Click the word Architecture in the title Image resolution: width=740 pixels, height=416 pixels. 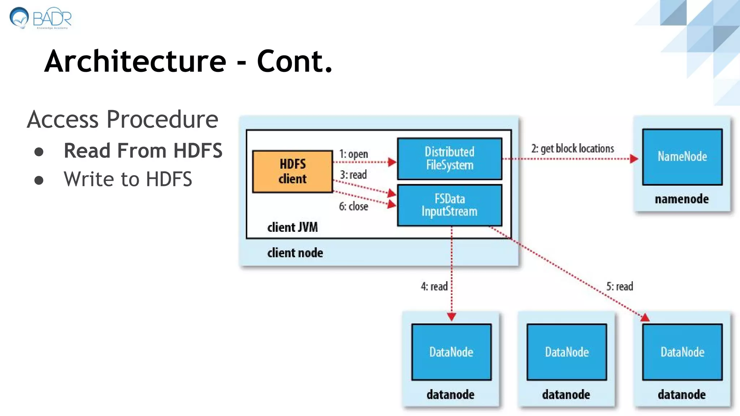coord(135,61)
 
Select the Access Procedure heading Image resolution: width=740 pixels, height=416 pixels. coord(122,119)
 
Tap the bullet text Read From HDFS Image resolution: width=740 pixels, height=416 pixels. coord(143,151)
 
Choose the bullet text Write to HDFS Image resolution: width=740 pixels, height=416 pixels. coord(128,179)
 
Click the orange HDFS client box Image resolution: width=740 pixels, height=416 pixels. coord(292,172)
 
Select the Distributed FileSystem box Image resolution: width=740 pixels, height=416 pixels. coord(449,159)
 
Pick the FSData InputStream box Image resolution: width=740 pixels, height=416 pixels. coord(449,205)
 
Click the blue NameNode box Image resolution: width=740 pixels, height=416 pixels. coord(682,157)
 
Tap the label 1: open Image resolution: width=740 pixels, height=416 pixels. coord(353,154)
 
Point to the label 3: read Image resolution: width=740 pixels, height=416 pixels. coord(353,175)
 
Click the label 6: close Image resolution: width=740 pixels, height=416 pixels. coord(353,206)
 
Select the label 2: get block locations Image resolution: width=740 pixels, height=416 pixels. coord(572,148)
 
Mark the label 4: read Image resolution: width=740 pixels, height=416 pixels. coord(434,286)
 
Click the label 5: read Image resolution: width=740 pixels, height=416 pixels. coord(619,286)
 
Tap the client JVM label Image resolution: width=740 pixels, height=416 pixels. coord(292,227)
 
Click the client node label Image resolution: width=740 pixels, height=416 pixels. coord(295,253)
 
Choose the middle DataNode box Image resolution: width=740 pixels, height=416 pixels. coord(567,352)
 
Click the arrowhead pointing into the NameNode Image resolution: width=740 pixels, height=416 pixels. coord(634,159)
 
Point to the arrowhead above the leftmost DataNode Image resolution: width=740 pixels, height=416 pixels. coord(451,317)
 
